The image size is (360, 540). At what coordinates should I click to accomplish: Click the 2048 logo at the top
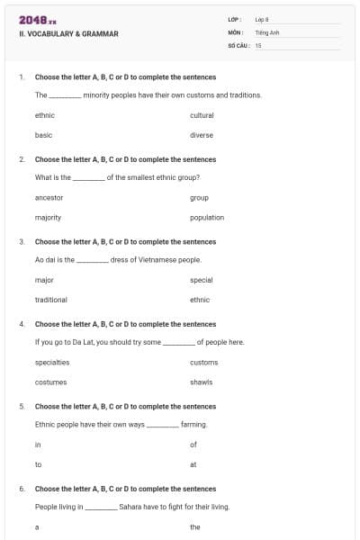37,20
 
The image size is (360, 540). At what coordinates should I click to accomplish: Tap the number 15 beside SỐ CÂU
258,44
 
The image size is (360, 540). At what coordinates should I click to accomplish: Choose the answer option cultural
202,115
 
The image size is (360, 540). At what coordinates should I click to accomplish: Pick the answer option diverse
202,135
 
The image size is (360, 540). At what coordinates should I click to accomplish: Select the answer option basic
43,135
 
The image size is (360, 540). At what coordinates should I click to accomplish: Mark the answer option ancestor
49,197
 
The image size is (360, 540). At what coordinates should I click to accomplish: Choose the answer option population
207,217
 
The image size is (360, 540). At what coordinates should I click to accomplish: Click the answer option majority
48,217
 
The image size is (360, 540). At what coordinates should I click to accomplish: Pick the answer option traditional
50,300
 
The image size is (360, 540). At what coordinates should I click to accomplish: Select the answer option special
202,280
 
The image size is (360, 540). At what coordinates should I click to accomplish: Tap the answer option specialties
52,362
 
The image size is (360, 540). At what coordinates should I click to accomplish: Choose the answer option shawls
202,382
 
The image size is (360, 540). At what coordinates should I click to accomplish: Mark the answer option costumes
50,382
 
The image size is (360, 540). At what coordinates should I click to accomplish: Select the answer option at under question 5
193,464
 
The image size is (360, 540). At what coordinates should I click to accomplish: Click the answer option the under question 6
195,526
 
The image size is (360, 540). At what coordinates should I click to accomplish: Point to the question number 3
22,241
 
